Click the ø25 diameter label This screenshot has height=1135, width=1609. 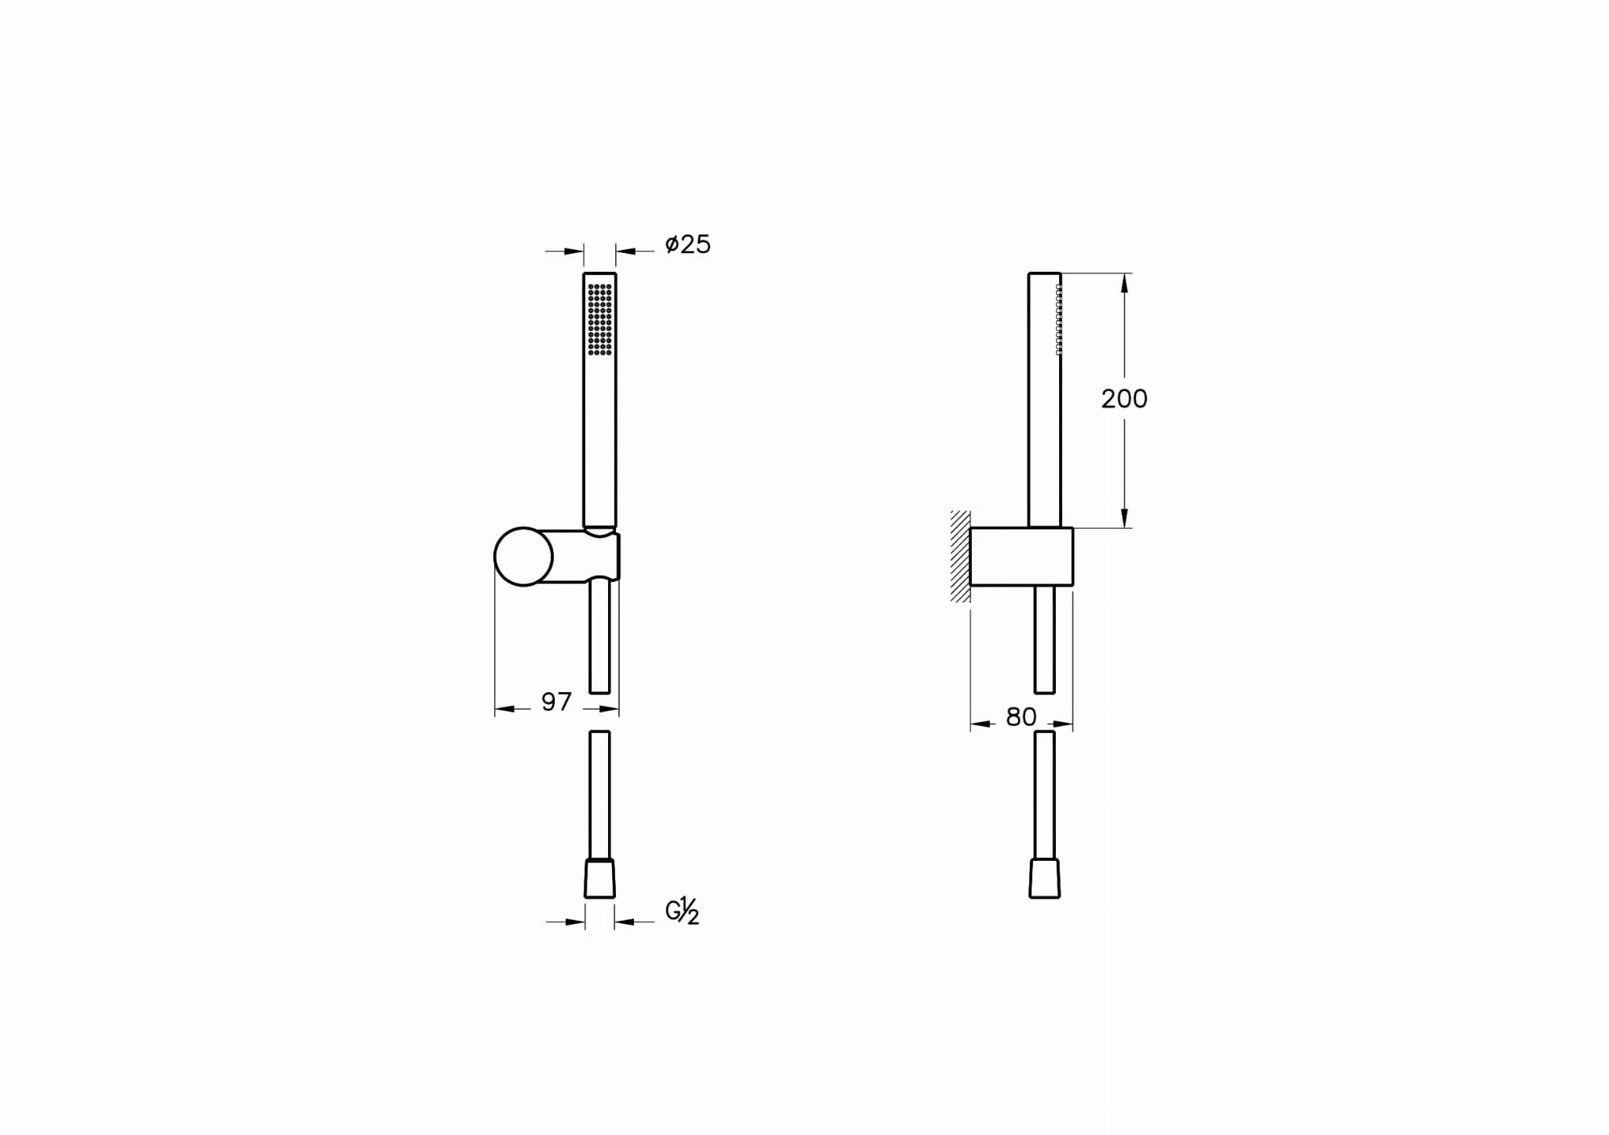tap(687, 244)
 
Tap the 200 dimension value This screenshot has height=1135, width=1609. tap(1124, 399)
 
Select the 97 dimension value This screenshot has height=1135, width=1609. tap(556, 701)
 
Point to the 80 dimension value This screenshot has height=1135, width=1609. tap(1021, 716)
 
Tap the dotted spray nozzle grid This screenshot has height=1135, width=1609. tap(599, 319)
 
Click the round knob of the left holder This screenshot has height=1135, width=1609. tap(523, 556)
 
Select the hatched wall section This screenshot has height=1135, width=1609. tap(960, 556)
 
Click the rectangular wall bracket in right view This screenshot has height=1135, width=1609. tap(1021, 556)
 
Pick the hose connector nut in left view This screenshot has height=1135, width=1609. tap(599, 879)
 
